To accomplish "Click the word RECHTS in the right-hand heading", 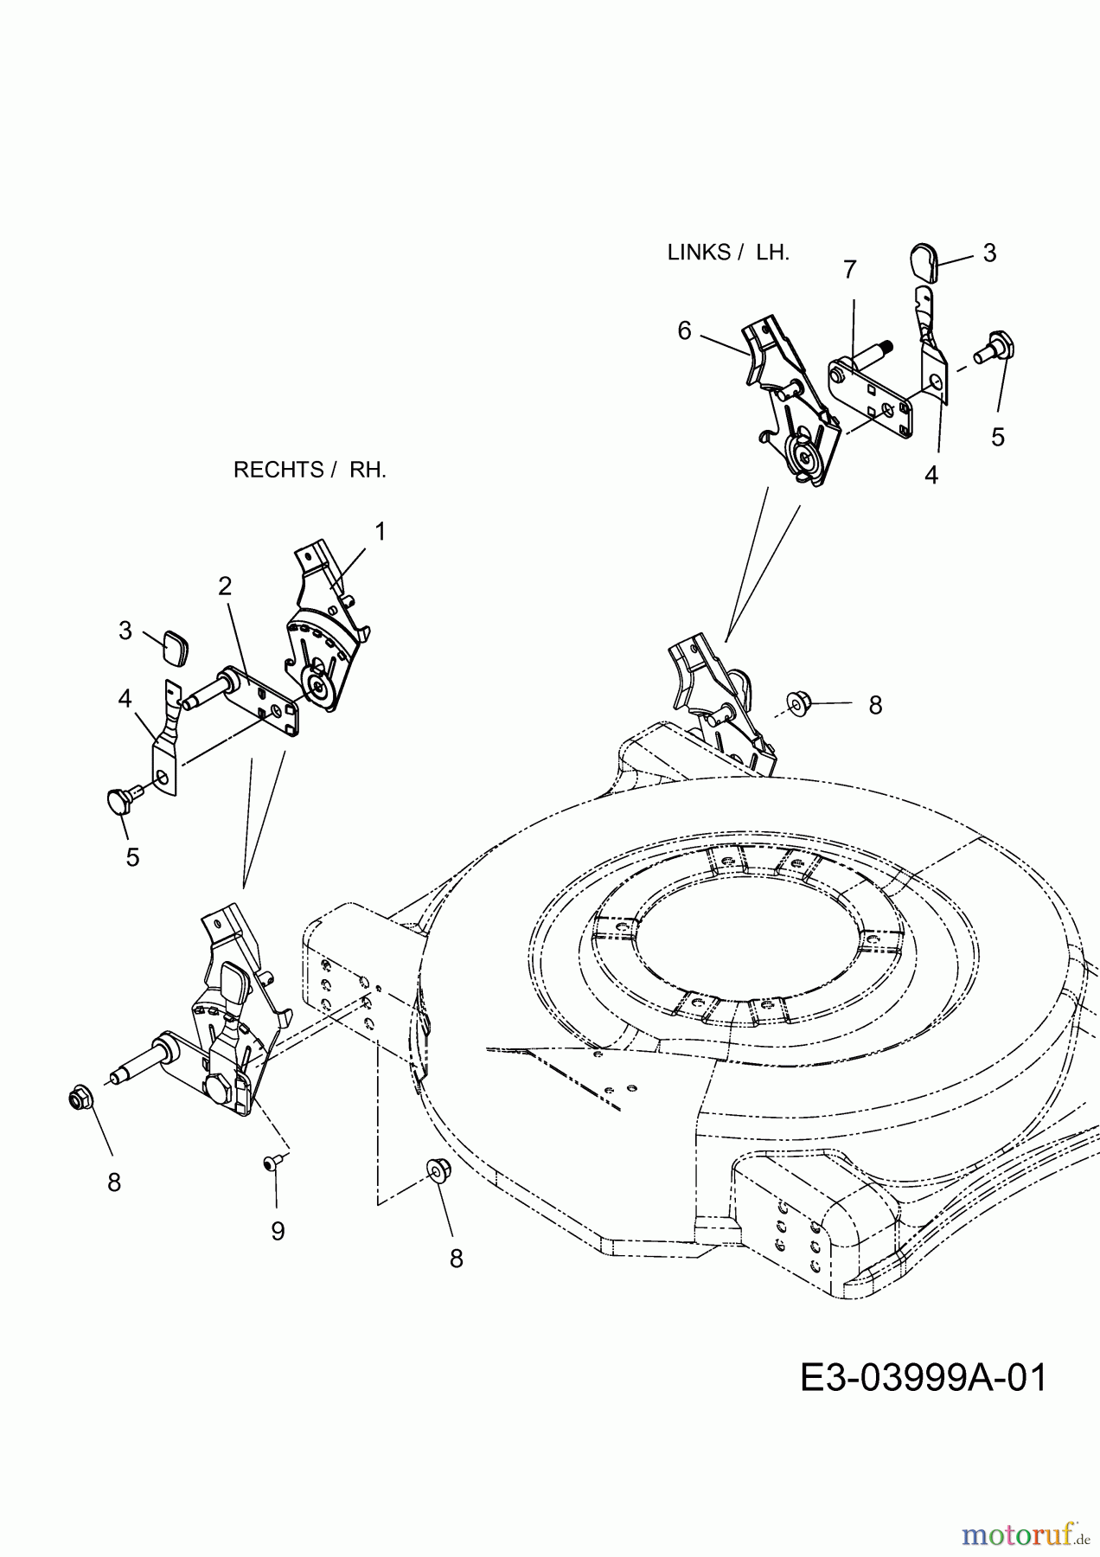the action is coord(278,470).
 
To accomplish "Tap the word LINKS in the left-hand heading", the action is coord(699,253).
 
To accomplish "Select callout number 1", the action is coord(380,531).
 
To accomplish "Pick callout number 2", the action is coord(225,586).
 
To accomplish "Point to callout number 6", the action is coord(685,330).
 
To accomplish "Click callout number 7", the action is coord(849,270).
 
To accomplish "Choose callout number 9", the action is coord(278,1231).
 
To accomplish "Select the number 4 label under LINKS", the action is coord(931,475).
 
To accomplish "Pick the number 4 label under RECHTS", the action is coord(125,697).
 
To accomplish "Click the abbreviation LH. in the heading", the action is coord(772,253).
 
